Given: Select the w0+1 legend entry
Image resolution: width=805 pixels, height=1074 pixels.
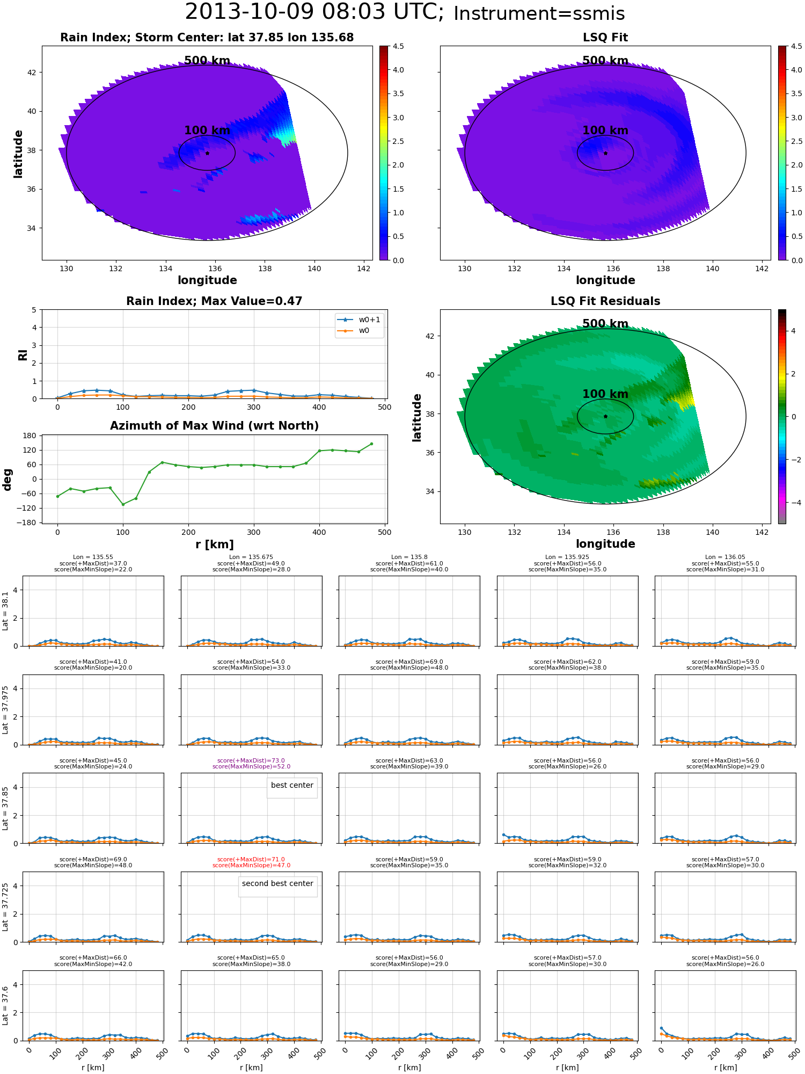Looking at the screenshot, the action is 359,320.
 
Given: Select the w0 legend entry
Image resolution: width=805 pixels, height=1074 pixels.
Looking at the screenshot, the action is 354,331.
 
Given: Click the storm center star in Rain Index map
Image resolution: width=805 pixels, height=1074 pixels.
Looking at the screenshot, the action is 207,153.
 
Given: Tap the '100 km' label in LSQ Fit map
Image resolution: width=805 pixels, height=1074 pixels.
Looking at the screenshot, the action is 605,130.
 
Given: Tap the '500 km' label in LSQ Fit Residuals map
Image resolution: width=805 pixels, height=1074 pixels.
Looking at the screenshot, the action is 605,324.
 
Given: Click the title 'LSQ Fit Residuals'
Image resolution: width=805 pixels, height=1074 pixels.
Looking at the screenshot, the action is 605,301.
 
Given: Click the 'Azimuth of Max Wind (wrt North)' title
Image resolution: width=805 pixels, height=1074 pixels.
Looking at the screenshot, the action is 214,426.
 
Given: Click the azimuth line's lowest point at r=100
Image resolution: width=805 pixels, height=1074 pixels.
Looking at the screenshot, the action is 123,504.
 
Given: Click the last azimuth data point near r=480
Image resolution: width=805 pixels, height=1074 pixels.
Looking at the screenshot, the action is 371,444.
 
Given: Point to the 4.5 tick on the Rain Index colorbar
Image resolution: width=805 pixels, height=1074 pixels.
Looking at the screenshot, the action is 398,47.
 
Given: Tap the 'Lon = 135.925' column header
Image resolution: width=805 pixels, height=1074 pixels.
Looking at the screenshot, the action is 567,557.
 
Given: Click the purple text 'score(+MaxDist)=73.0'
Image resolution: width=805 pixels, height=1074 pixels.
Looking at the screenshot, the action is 251,761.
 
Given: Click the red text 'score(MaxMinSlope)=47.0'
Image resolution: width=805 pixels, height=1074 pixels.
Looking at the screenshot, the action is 251,866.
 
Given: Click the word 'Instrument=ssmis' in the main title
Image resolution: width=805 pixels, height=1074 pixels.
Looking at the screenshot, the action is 539,14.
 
